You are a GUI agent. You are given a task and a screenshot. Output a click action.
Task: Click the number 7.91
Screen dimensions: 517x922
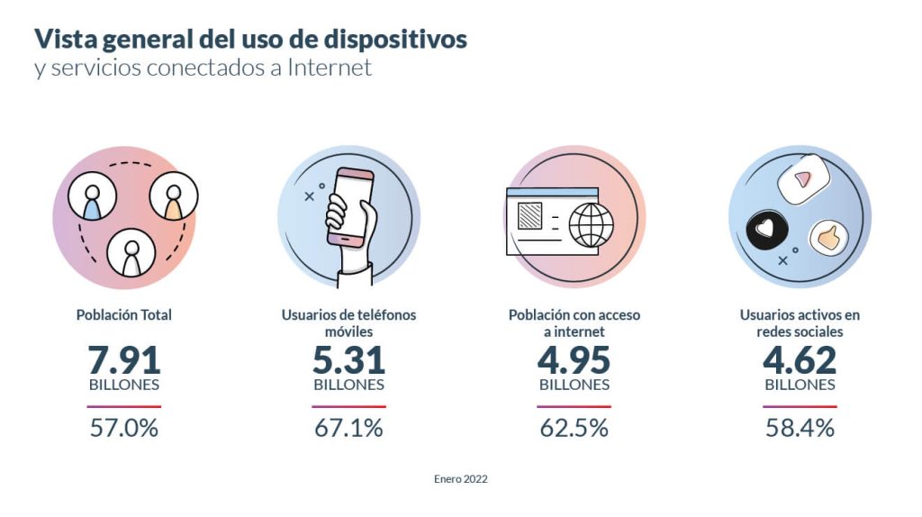(124, 360)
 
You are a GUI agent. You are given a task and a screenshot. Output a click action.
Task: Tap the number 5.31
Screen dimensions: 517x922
(348, 360)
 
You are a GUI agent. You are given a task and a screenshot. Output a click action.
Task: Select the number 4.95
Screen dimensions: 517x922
(574, 360)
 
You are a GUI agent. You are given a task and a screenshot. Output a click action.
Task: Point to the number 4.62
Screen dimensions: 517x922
(800, 360)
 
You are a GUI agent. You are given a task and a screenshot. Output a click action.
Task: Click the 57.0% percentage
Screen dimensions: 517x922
(124, 428)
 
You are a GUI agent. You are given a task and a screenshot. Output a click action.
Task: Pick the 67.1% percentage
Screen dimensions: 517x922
(348, 428)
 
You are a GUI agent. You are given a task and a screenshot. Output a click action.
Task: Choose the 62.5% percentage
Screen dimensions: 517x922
(574, 428)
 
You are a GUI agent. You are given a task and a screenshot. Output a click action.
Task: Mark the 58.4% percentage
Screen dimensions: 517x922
(800, 428)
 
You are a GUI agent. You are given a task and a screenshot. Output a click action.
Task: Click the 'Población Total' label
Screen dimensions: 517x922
(124, 315)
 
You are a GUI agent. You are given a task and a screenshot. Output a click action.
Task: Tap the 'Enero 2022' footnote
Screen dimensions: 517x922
(461, 479)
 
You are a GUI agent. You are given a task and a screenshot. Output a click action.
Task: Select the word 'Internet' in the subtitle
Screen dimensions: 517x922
(330, 68)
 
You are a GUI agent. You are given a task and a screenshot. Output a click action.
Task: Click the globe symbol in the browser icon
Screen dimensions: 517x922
(592, 223)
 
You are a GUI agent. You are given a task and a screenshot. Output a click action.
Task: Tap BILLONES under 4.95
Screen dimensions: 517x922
(574, 385)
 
